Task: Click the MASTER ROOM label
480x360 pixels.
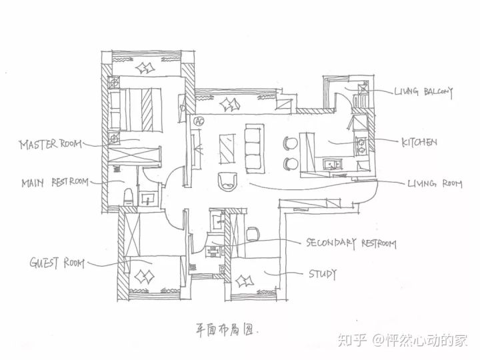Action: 51,144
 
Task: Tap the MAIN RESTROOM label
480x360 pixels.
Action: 55,183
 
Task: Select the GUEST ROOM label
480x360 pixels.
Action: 57,263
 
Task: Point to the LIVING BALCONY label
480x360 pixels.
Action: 423,91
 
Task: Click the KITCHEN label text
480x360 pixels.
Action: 419,142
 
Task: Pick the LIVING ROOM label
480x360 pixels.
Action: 435,184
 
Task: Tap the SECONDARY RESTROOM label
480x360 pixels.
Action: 351,243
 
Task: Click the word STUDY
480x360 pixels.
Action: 323,274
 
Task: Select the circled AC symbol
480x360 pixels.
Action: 199,121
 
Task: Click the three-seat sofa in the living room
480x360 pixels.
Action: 255,149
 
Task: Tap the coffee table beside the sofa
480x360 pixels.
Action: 227,149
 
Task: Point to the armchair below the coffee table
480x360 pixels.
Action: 227,182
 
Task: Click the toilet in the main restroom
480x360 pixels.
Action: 128,197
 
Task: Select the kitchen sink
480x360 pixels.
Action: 331,164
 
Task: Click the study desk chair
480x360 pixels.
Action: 253,234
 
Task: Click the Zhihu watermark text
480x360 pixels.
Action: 403,340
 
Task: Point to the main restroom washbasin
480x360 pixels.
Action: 149,199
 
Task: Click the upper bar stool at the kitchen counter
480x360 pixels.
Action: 291,144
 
